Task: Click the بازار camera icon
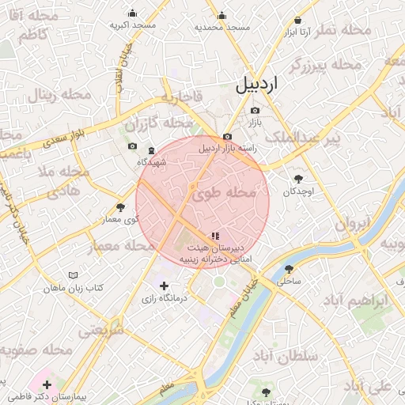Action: point(254,110)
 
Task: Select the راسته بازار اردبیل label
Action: point(229,148)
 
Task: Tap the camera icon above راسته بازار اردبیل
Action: point(227,136)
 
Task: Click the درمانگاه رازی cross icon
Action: point(164,286)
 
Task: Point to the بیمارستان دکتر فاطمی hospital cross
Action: point(47,384)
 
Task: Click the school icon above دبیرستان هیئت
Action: point(215,236)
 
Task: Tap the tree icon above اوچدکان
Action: point(298,179)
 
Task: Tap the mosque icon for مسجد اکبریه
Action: point(131,13)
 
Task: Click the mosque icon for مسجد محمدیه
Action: point(221,15)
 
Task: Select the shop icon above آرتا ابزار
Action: point(297,21)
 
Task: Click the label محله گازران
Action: point(158,124)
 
